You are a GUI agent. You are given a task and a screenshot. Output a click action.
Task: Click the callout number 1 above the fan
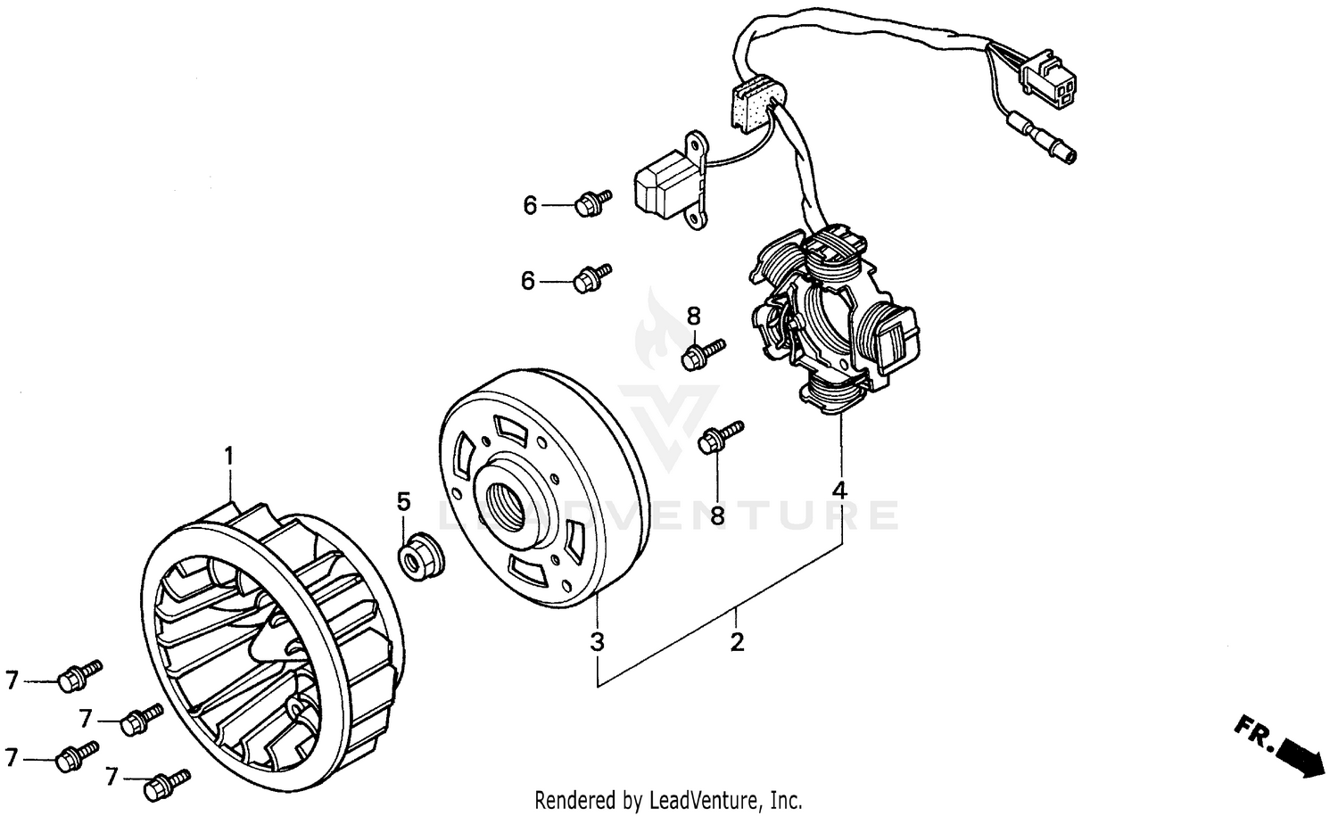[228, 457]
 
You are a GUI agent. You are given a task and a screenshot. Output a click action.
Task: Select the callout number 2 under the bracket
[737, 642]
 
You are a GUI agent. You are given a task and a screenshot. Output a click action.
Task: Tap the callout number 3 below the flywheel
[597, 641]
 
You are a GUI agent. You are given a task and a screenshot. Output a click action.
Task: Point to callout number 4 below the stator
[839, 490]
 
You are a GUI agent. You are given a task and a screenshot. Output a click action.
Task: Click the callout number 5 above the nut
[403, 501]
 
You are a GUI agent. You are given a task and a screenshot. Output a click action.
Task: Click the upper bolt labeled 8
[701, 354]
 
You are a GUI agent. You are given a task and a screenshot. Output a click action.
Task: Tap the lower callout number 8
[717, 515]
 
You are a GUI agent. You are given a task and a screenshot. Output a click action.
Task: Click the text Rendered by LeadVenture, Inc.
[668, 799]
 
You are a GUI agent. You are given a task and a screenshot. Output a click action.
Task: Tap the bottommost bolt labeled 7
[167, 785]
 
